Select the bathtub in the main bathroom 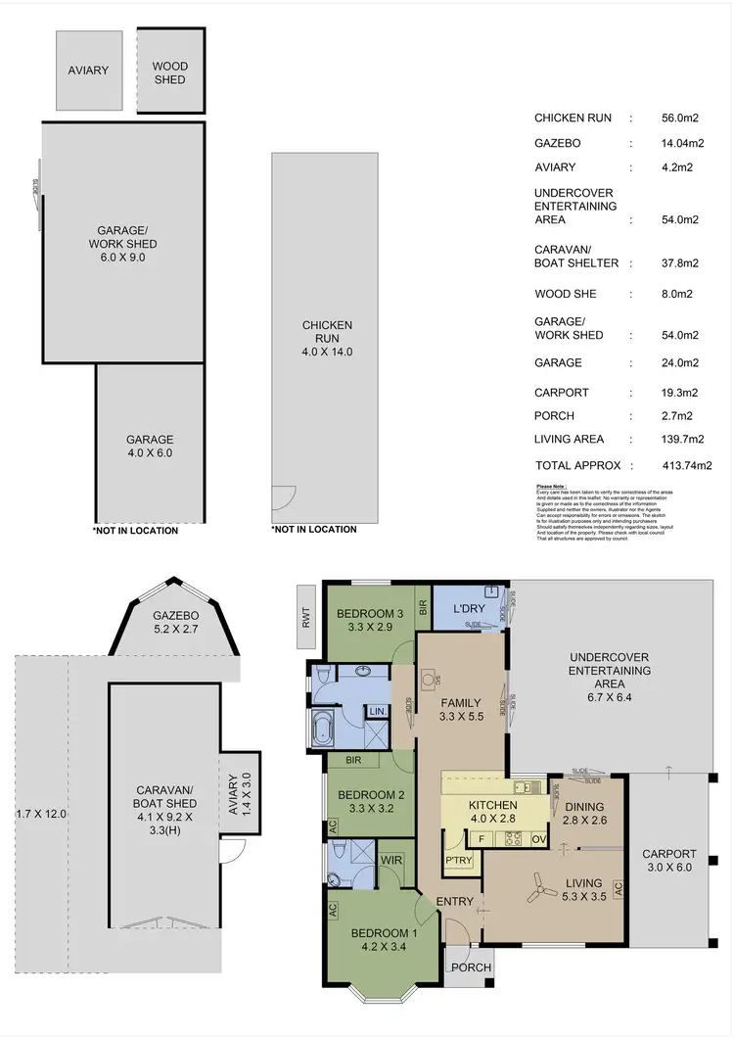click(x=323, y=729)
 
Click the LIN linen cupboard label click(x=376, y=711)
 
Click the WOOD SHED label click(x=170, y=71)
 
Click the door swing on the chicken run click(x=282, y=498)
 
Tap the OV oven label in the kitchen click(x=538, y=839)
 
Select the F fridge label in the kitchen click(x=482, y=839)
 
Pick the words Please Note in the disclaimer click(x=554, y=486)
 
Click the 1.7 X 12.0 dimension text click(x=42, y=813)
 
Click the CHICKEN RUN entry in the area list click(x=573, y=118)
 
